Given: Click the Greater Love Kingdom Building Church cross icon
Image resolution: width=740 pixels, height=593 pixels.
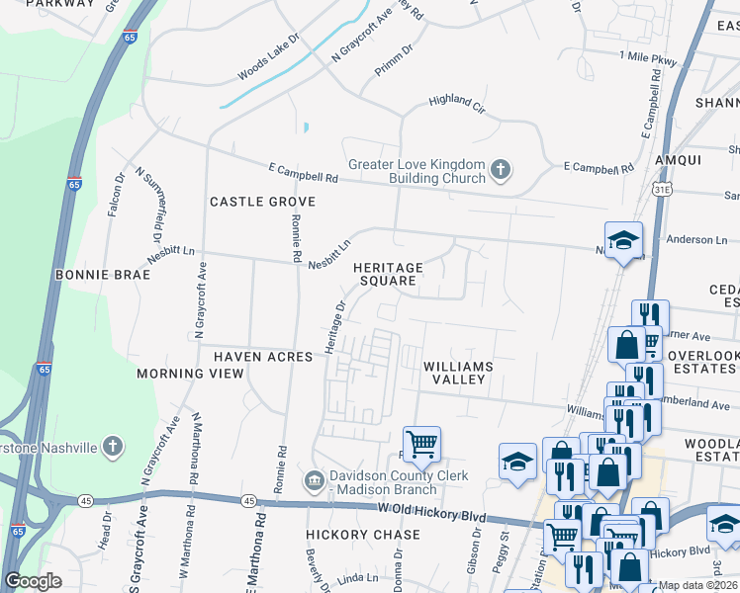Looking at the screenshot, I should [501, 170].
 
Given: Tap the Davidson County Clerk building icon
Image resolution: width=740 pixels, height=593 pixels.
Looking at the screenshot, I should [315, 481].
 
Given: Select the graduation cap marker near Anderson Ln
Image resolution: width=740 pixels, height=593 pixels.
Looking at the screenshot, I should [623, 239].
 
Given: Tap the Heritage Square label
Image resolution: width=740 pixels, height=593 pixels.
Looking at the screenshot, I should [389, 274].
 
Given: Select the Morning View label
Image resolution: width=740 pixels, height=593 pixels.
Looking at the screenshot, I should [190, 374].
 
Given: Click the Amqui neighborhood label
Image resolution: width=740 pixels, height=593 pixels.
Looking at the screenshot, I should [677, 160].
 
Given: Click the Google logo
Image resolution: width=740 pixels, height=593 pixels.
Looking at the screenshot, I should [33, 581].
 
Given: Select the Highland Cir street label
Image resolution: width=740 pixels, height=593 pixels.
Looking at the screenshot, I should [456, 102].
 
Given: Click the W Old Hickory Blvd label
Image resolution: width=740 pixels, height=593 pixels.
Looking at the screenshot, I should [432, 509].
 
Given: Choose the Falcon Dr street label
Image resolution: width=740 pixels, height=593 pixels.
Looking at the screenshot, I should [117, 196].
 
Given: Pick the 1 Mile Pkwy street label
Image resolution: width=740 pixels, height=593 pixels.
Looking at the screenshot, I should [646, 60].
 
